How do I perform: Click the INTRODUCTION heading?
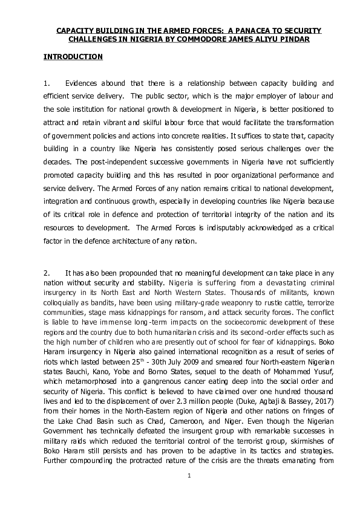73,57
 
